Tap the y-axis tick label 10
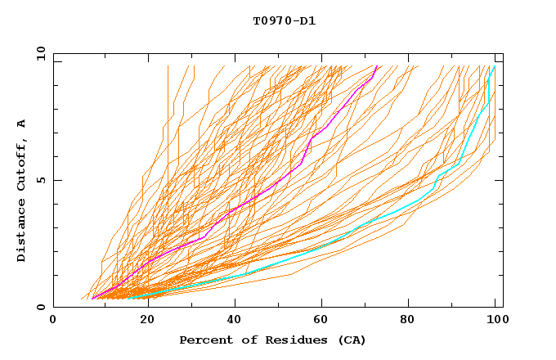[x=40, y=53]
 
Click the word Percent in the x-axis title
[x=205, y=340]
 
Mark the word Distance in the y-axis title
[x=21, y=229]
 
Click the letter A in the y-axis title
[x=21, y=123]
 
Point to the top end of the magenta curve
[x=376, y=66]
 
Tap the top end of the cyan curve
[x=493, y=66]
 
